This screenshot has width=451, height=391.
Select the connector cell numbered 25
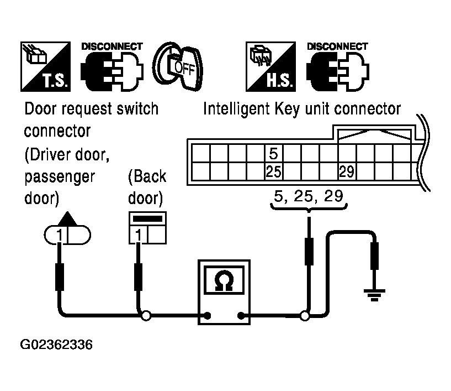coord(273,171)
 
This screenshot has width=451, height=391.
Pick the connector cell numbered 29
coord(346,171)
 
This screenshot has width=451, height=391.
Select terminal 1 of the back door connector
coord(138,236)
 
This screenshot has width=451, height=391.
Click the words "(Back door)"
coord(146,187)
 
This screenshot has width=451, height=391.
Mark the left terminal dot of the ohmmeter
coord(208,316)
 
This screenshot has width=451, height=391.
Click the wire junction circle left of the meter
coord(146,316)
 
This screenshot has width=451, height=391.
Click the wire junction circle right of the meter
coord(304,316)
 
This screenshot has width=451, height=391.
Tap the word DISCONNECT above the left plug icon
coord(112,46)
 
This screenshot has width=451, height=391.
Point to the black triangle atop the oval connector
coord(66,217)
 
